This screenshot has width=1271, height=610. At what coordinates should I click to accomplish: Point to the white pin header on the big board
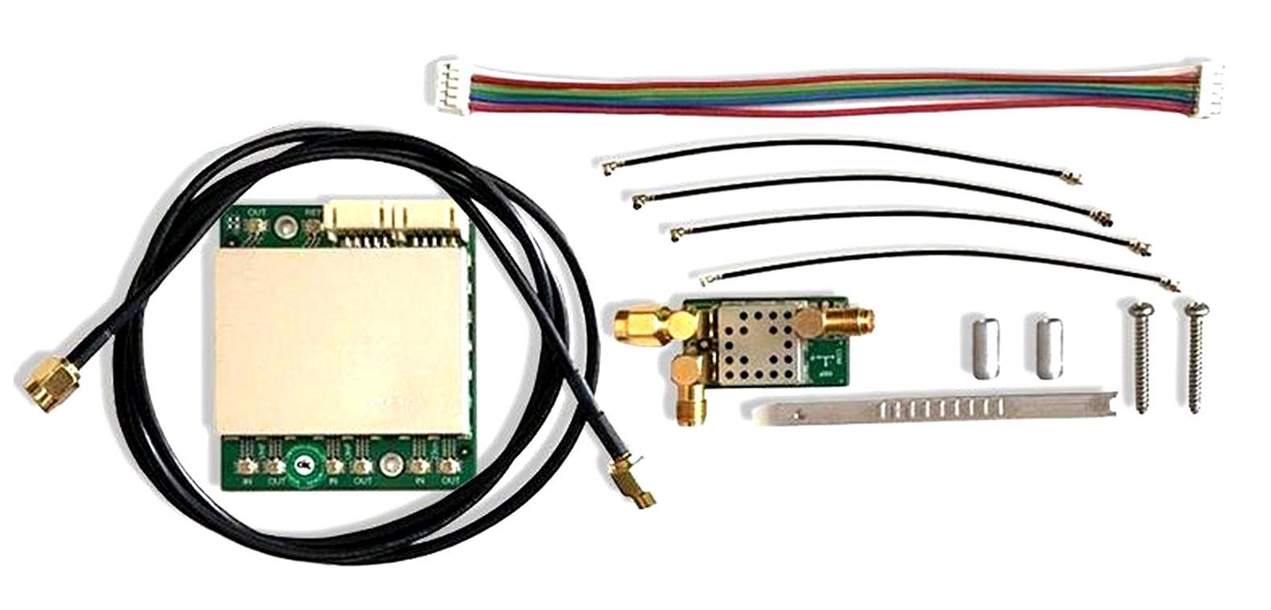(x=390, y=219)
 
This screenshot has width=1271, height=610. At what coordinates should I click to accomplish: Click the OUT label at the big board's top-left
(x=256, y=213)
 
